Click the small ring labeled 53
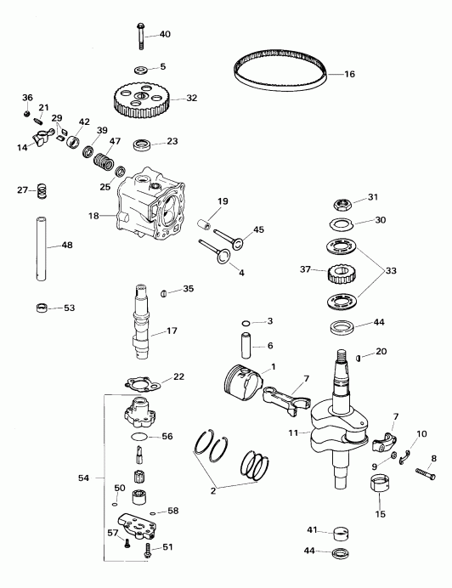(x=41, y=307)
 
